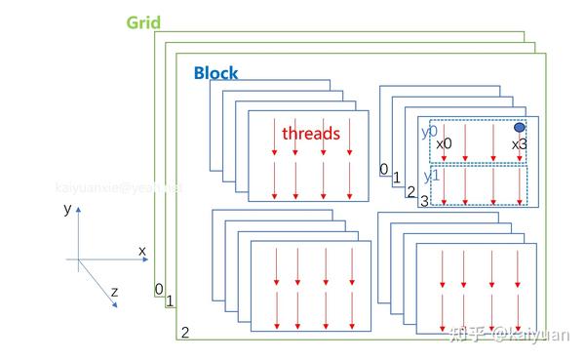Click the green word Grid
pos(144,21)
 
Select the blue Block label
pos(215,73)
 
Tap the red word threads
pos(311,134)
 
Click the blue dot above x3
pos(520,128)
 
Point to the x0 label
pos(444,144)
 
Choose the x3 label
pos(520,144)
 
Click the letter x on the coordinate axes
pos(141,251)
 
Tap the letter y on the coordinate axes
pos(66,209)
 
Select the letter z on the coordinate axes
pos(114,291)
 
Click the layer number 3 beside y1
pos(424,201)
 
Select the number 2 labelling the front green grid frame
pos(184,333)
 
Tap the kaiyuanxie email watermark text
pos(118,185)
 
